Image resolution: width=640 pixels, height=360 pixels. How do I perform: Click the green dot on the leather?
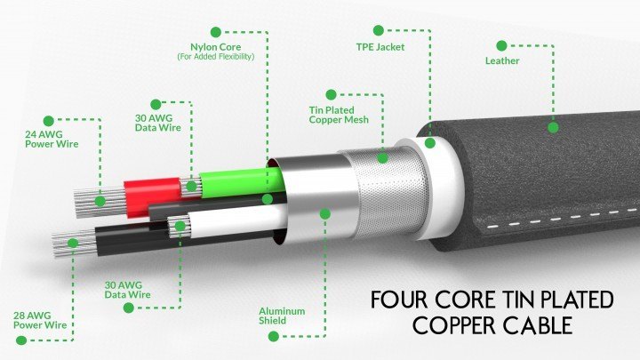[553, 127]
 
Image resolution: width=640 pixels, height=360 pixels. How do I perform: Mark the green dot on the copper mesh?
[383, 157]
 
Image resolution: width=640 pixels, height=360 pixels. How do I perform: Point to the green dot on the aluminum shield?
[325, 213]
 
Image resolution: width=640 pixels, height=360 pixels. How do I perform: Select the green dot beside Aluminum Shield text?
[272, 336]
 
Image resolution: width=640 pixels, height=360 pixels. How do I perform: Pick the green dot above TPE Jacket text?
[380, 29]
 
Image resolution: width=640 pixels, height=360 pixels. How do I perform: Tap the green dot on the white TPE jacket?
[430, 141]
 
